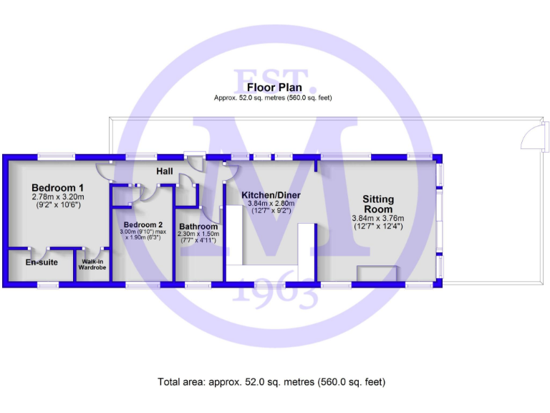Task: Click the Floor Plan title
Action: point(272,88)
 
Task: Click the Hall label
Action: point(165,171)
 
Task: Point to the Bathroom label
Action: point(198,227)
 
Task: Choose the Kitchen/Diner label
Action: point(270,195)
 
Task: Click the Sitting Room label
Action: point(377,204)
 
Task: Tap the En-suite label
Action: point(42,262)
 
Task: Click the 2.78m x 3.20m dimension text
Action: point(58,196)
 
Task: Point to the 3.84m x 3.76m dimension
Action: point(377,219)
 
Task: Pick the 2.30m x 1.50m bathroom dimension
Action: point(198,234)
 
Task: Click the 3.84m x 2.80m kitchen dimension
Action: point(270,204)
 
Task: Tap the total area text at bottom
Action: point(271,382)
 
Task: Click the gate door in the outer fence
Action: point(533,135)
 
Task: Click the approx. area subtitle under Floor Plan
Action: point(272,98)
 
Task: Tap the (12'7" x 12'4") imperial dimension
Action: point(377,227)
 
